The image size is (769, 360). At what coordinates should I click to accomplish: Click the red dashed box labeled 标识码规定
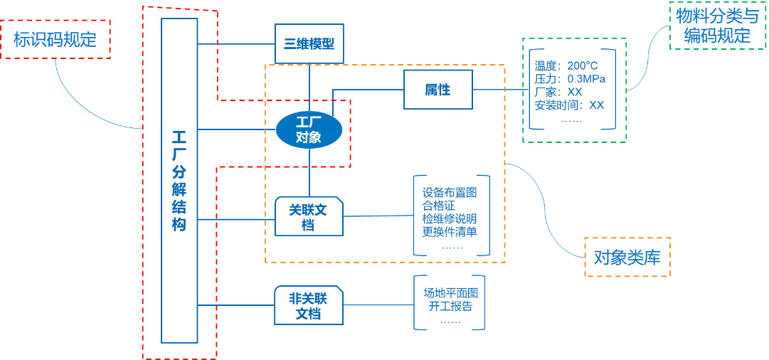(x=55, y=39)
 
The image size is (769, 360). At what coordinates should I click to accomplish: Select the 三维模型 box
(x=309, y=44)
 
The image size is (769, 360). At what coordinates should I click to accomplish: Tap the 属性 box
(x=437, y=90)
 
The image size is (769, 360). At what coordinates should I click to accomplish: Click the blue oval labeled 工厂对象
(x=309, y=130)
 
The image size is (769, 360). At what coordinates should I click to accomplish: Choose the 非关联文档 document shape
(x=309, y=305)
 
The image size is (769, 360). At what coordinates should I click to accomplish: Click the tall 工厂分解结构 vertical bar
(x=179, y=181)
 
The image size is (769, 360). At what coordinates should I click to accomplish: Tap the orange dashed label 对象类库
(x=627, y=257)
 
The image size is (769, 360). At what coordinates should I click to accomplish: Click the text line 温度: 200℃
(x=566, y=65)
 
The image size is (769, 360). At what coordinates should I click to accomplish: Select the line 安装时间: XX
(x=569, y=105)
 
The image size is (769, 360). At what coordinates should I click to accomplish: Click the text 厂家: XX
(x=558, y=92)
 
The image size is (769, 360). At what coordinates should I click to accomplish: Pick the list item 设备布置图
(x=449, y=193)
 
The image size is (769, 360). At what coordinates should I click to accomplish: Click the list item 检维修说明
(x=449, y=218)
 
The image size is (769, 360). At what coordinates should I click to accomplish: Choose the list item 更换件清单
(x=449, y=231)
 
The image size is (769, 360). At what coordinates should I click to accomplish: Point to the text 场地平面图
(x=450, y=293)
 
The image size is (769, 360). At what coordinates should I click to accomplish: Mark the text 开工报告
(x=450, y=307)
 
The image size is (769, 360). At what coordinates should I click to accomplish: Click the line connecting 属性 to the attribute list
(x=498, y=90)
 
